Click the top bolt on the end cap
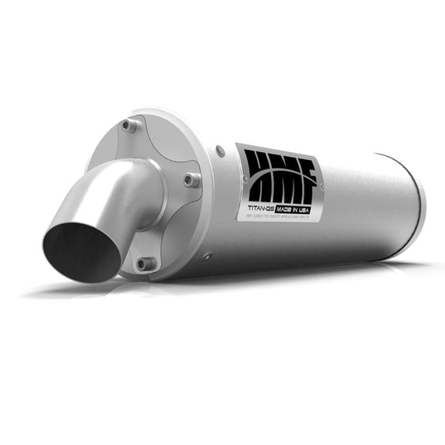129,125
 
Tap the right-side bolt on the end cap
190,180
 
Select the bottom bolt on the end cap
144,263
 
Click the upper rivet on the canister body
221,151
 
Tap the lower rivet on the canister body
208,255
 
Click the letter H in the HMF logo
260,171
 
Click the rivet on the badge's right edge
321,186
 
